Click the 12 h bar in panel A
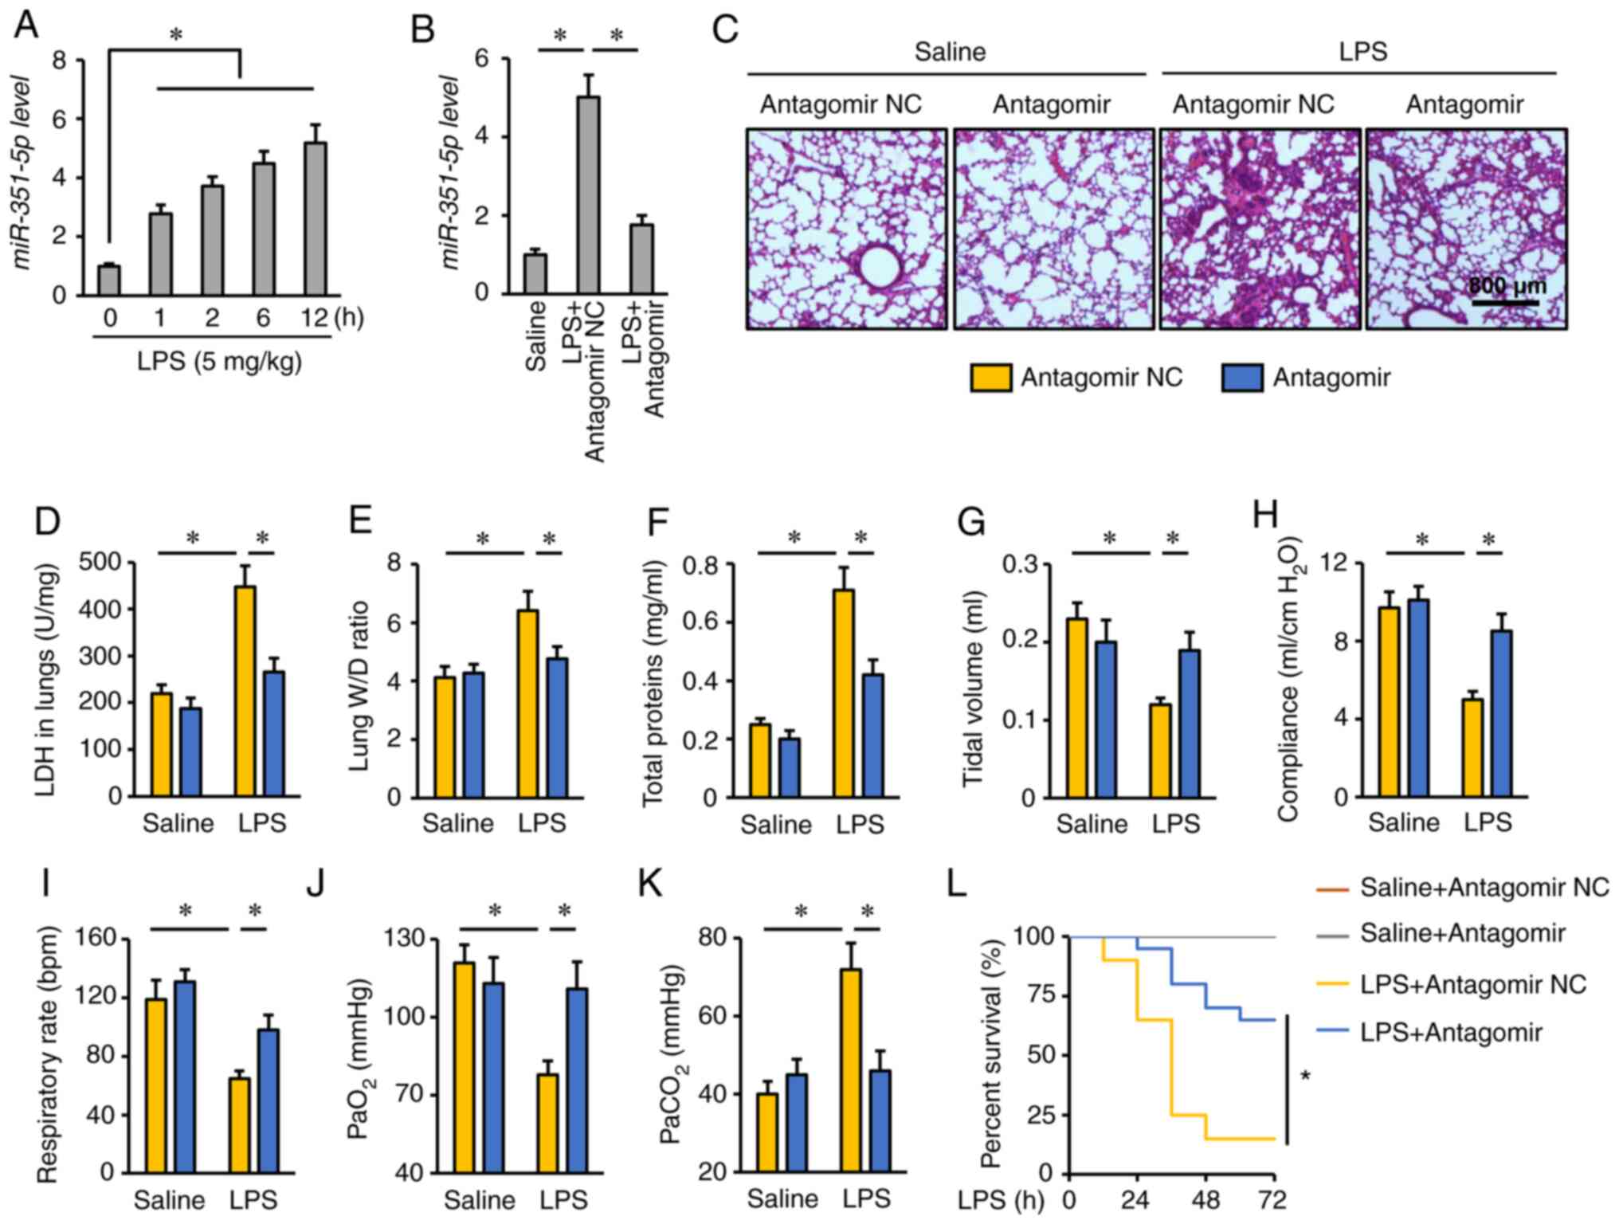pyautogui.click(x=315, y=219)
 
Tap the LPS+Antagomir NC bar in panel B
pyautogui.click(x=589, y=195)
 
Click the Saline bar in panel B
pyautogui.click(x=535, y=274)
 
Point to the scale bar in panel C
pyautogui.click(x=1504, y=303)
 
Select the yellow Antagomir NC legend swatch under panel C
pyautogui.click(x=990, y=378)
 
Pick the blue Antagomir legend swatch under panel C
pyautogui.click(x=1241, y=378)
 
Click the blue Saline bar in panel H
pyautogui.click(x=1418, y=712)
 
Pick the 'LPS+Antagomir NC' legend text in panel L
pyautogui.click(x=1473, y=984)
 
